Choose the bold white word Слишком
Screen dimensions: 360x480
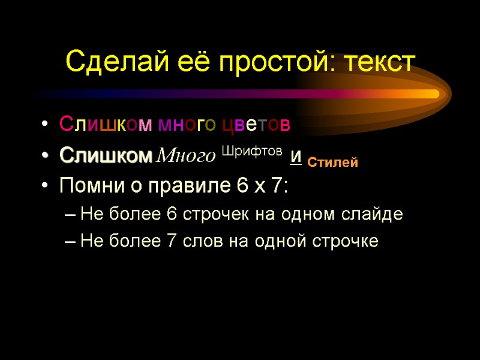106,157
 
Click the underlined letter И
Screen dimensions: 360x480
295,158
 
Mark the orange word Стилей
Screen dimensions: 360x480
332,162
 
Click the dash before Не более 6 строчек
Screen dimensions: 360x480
71,215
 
